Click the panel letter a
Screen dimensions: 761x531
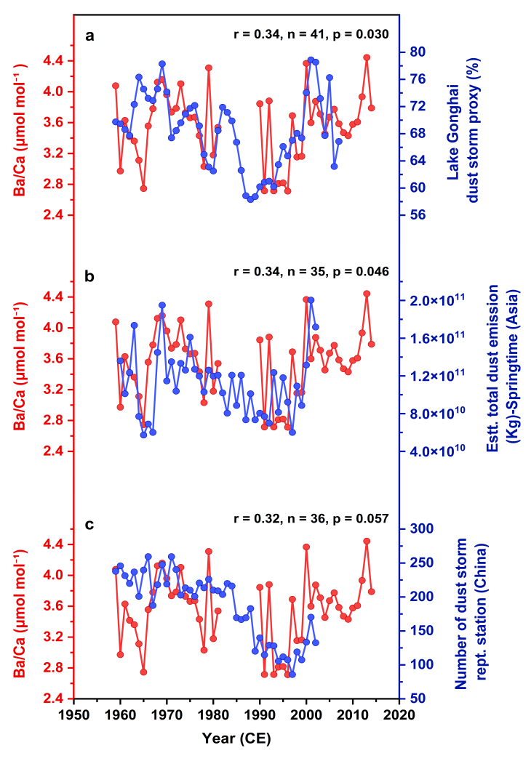click(x=89, y=34)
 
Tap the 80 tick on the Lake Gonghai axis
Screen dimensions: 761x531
click(x=418, y=52)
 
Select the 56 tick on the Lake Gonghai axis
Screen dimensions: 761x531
click(x=418, y=215)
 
